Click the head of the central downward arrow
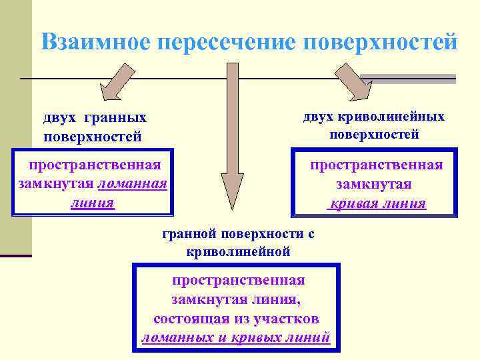tap(233, 193)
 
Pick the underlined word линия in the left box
tap(93, 202)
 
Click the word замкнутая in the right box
tap(374, 184)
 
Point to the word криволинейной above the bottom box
tap(238, 251)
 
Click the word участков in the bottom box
tap(286, 318)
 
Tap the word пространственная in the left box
tap(94, 165)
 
